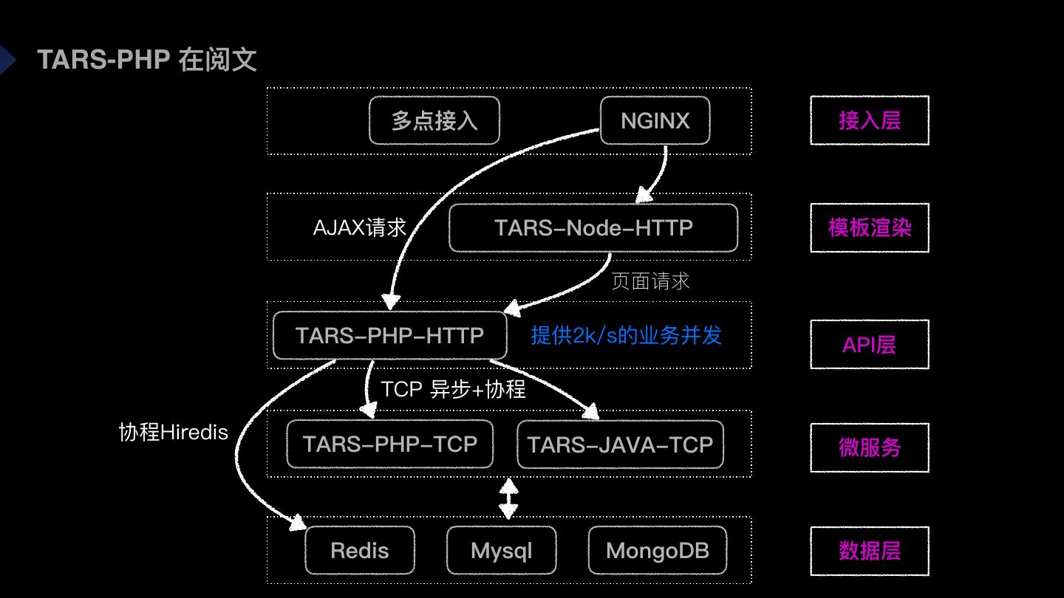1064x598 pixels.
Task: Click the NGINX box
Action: pyautogui.click(x=655, y=120)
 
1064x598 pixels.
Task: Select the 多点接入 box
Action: pyautogui.click(x=434, y=120)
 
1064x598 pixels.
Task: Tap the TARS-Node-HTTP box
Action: pyautogui.click(x=593, y=227)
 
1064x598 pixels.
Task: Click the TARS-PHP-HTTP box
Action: pyautogui.click(x=389, y=335)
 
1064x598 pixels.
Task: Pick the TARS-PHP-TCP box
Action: pyautogui.click(x=389, y=444)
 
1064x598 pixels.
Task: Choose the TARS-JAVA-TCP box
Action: pyautogui.click(x=620, y=444)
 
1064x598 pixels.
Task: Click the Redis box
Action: pyautogui.click(x=360, y=550)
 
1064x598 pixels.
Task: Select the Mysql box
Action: pyautogui.click(x=501, y=550)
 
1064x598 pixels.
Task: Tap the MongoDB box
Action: pyautogui.click(x=657, y=550)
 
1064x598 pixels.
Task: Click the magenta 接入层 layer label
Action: pyautogui.click(x=869, y=120)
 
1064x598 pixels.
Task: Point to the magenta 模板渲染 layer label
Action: pyautogui.click(x=869, y=227)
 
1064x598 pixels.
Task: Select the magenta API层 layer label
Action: pyautogui.click(x=869, y=344)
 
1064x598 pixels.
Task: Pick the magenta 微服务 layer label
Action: pyautogui.click(x=869, y=447)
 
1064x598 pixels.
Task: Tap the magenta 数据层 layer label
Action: pyautogui.click(x=869, y=551)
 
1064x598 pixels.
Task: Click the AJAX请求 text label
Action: pyautogui.click(x=360, y=227)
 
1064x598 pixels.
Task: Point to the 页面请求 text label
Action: pyautogui.click(x=650, y=281)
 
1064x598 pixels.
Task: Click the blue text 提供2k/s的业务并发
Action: pyautogui.click(x=626, y=335)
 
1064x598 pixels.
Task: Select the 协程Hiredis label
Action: pyautogui.click(x=174, y=432)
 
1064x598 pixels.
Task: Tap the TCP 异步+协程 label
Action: pyautogui.click(x=453, y=389)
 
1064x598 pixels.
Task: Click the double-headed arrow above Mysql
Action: pyautogui.click(x=508, y=498)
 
